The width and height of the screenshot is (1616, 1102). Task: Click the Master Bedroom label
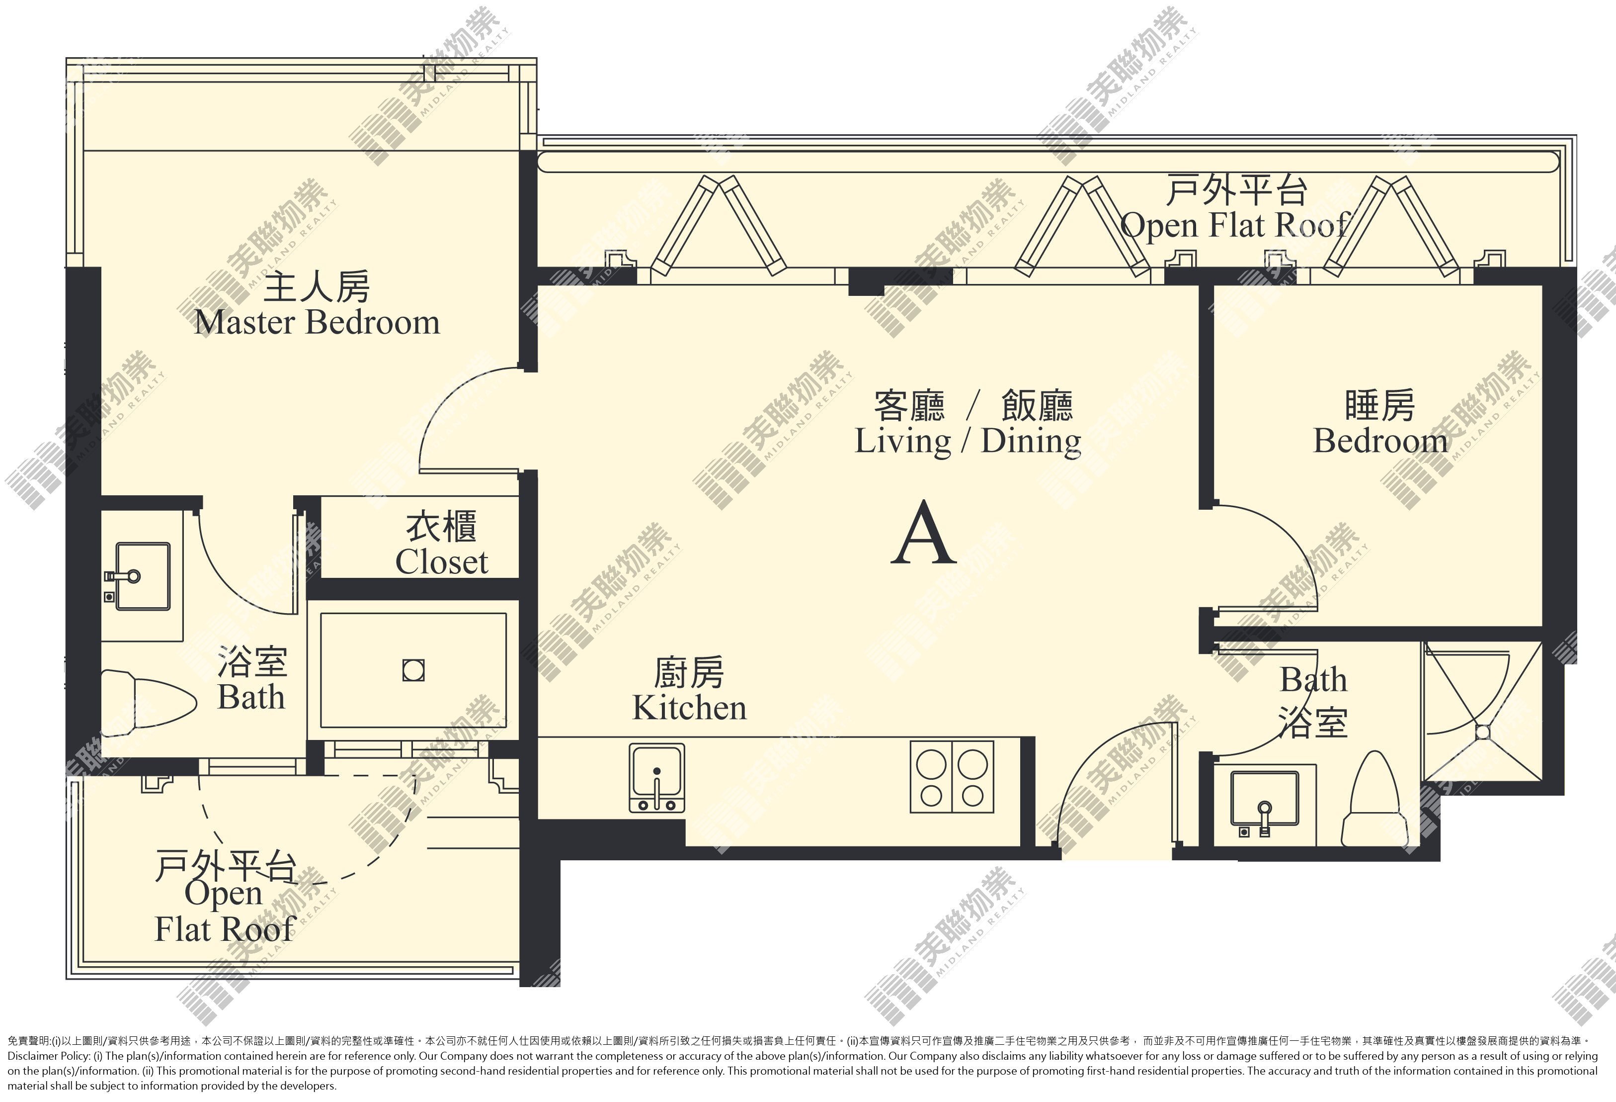tap(317, 305)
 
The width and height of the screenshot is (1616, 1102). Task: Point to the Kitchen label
tap(689, 689)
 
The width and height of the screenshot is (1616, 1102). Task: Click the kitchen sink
tap(656, 778)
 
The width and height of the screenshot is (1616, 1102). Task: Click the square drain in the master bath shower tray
tap(414, 671)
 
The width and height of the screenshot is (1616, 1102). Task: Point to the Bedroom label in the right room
tap(1379, 423)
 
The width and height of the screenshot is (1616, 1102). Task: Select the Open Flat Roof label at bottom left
tap(225, 898)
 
